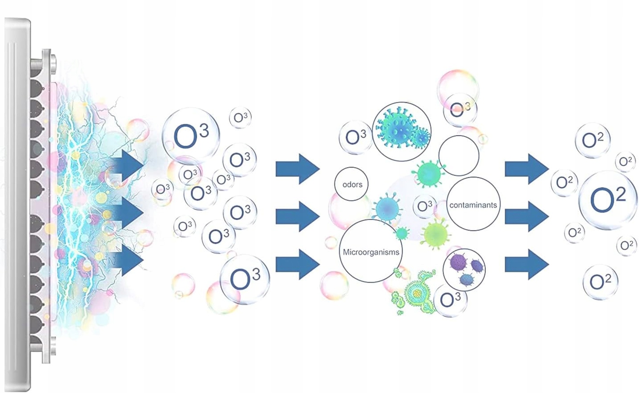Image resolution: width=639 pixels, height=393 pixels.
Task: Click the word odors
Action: [352, 185]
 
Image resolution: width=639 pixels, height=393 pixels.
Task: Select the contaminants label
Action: [473, 205]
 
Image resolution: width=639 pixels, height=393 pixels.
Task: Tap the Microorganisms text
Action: [371, 252]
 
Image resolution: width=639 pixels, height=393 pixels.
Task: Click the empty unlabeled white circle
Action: [459, 156]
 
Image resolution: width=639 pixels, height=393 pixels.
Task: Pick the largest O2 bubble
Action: [607, 199]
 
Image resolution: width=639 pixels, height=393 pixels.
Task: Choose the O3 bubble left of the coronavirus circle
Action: [356, 137]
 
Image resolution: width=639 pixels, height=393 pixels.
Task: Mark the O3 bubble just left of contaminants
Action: [424, 206]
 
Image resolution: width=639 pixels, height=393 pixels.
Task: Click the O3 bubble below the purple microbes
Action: [450, 300]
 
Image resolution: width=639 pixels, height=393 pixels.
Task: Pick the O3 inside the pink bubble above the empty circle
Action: [460, 110]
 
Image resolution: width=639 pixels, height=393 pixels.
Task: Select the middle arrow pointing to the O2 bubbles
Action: [527, 217]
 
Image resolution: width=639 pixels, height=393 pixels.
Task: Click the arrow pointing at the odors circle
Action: [297, 169]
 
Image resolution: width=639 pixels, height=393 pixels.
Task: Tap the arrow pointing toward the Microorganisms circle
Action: [297, 264]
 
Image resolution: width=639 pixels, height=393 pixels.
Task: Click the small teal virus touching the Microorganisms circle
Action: [402, 233]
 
